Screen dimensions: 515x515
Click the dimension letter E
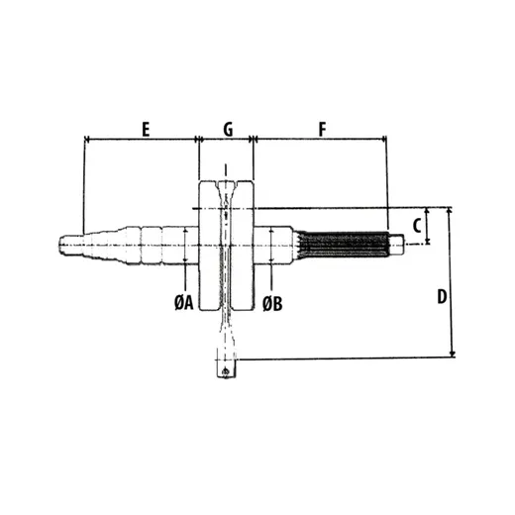pyautogui.click(x=146, y=129)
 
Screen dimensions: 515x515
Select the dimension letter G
pyautogui.click(x=228, y=129)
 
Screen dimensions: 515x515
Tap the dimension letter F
pyautogui.click(x=322, y=129)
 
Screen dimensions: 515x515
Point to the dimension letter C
pyautogui.click(x=417, y=226)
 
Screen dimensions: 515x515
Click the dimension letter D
pyautogui.click(x=442, y=296)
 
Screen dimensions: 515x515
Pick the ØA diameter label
pyautogui.click(x=184, y=303)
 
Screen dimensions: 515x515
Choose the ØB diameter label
pyautogui.click(x=272, y=304)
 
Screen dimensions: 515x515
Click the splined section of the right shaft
pyautogui.click(x=344, y=245)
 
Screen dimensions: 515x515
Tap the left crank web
pyautogui.click(x=209, y=246)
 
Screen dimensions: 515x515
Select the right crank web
pyautogui.click(x=243, y=246)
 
